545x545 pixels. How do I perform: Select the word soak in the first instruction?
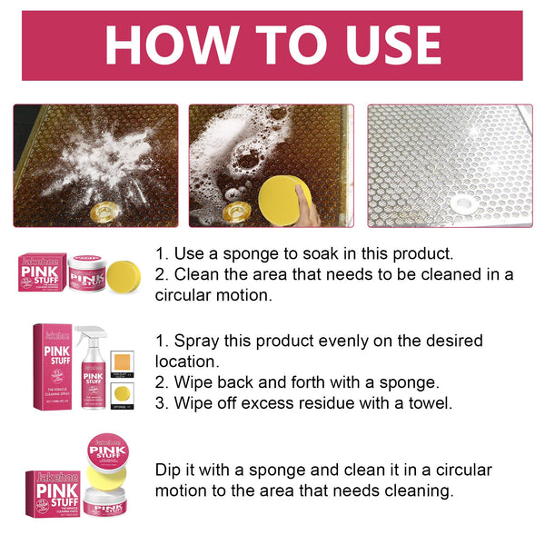tap(336, 253)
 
